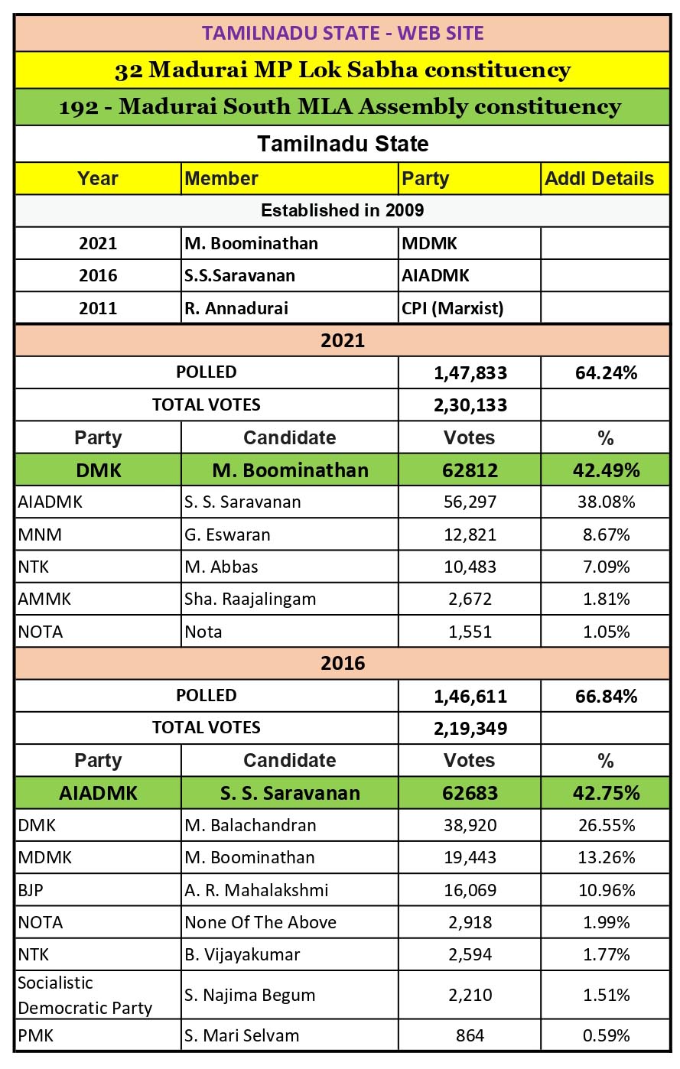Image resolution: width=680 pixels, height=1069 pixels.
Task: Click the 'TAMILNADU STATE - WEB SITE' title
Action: [x=342, y=34]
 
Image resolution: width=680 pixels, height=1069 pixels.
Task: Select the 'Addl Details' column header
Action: [x=599, y=179]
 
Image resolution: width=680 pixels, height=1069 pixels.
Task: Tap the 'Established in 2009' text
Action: [x=342, y=210]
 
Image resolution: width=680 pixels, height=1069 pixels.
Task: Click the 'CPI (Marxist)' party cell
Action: [x=453, y=308]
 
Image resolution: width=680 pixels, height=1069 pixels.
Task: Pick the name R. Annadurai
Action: [x=236, y=308]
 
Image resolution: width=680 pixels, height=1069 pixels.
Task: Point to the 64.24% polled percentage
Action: [x=606, y=372]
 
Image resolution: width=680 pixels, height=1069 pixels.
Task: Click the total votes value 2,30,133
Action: [x=470, y=405]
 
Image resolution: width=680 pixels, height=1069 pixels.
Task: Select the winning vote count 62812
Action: [x=470, y=470]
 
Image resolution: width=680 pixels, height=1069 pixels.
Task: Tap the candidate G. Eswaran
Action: [x=227, y=534]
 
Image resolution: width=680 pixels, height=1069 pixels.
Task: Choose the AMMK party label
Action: [x=44, y=599]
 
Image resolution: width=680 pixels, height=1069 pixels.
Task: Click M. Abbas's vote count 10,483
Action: [x=470, y=567]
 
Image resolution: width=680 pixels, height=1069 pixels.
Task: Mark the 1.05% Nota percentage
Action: [x=606, y=632]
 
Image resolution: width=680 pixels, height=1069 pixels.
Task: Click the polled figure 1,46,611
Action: [x=470, y=696]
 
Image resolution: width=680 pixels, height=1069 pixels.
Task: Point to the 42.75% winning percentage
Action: [x=606, y=793]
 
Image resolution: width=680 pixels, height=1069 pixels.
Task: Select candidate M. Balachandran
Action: [x=250, y=825]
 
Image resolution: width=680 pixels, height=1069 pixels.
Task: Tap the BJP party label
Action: [x=32, y=890]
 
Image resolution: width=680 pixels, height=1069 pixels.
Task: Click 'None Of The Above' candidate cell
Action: [x=260, y=922]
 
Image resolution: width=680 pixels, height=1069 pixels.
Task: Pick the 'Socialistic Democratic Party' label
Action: [x=85, y=995]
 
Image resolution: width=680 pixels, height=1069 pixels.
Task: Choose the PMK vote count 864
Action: [x=470, y=1035]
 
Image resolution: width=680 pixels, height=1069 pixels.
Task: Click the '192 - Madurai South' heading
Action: [x=340, y=107]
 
